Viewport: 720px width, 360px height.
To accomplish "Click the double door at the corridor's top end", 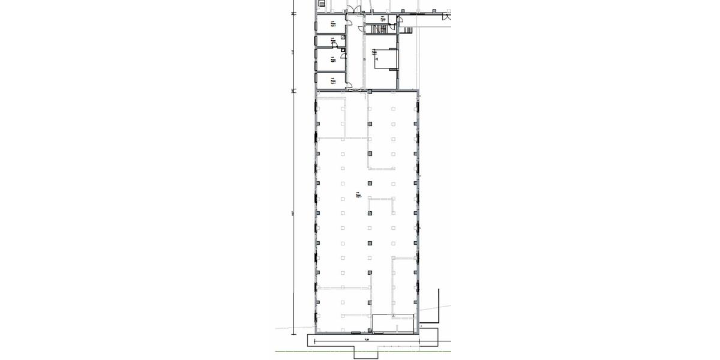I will click(x=355, y=8).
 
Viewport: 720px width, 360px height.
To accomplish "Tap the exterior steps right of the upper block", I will click(x=409, y=30).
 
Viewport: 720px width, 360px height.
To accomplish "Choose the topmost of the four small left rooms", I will click(x=332, y=24).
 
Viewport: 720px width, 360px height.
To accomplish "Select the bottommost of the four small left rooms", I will click(x=332, y=80).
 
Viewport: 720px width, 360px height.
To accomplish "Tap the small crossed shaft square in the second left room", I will click(x=343, y=37).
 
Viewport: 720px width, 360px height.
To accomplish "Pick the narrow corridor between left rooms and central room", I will click(x=356, y=60).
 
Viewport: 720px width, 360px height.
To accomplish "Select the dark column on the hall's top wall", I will click(x=369, y=91).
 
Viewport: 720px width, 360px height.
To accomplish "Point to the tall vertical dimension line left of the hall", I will click(x=293, y=210).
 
